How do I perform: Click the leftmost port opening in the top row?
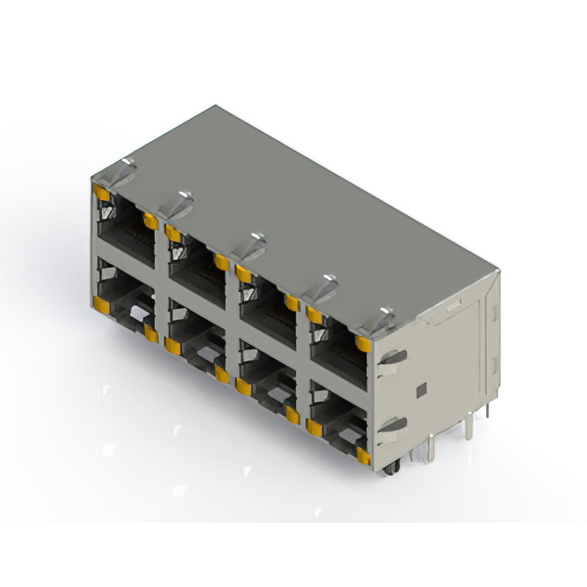124,229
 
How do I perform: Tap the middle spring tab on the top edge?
249,242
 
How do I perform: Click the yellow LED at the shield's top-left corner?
102,194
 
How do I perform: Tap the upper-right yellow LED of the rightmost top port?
363,344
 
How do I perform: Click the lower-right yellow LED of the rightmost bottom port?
363,455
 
